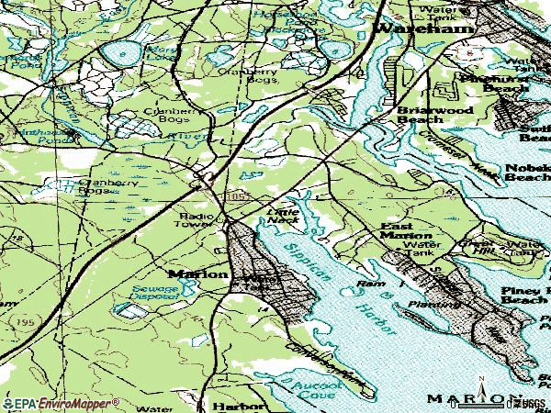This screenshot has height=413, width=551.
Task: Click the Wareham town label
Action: [x=424, y=28]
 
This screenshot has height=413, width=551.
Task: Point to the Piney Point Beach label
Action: [x=526, y=294]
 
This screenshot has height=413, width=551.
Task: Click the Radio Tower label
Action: [x=194, y=220]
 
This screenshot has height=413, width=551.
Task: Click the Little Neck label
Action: [x=284, y=214]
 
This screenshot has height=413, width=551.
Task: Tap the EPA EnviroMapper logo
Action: [x=61, y=403]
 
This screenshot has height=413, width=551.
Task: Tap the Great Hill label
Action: [x=479, y=245]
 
